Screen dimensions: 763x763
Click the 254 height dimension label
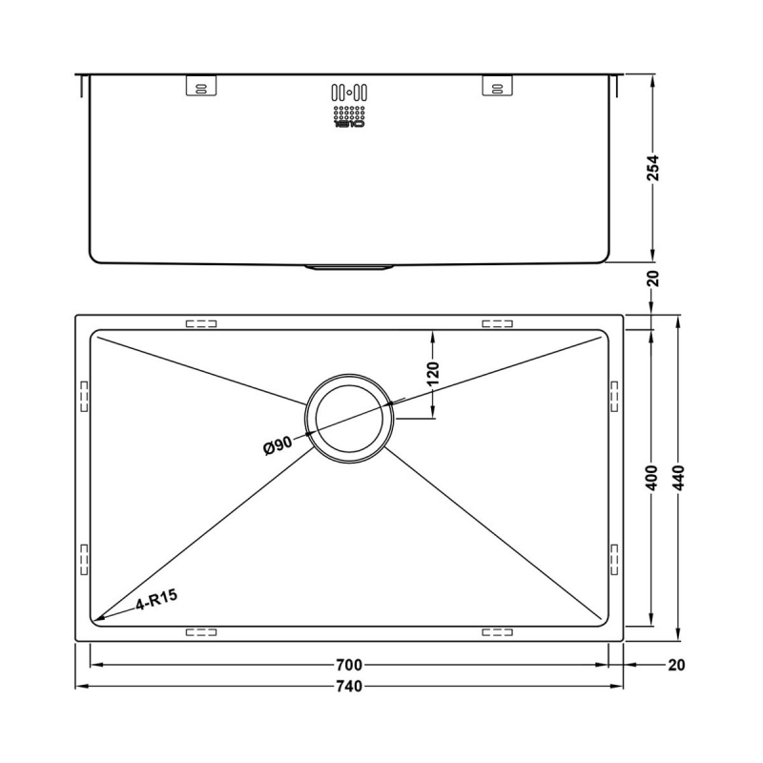[653, 169]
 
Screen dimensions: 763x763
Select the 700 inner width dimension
[349, 664]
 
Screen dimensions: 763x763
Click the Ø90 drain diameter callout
[278, 444]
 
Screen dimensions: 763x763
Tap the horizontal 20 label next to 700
[678, 664]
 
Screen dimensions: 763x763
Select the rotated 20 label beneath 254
[653, 279]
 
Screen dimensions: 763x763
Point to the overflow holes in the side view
[349, 93]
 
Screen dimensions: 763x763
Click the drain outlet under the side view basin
[349, 268]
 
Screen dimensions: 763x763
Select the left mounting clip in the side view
[199, 86]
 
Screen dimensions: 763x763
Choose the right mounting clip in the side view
[496, 86]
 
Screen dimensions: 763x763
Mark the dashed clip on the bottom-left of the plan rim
[201, 631]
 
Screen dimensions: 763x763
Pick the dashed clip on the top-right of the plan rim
[498, 323]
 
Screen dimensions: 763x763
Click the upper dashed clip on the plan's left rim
[83, 394]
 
